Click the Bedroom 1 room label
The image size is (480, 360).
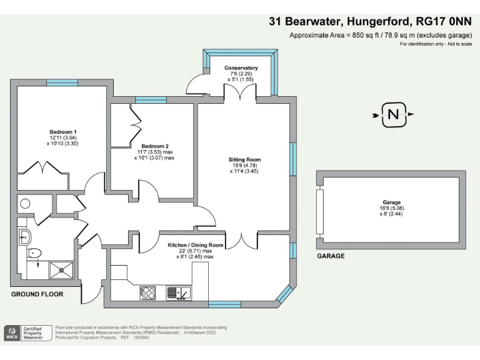tap(62, 132)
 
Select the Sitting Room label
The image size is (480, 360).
tap(244, 160)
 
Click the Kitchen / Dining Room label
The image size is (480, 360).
tap(195, 245)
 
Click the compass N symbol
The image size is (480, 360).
tap(393, 114)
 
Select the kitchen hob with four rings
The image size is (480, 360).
tap(147, 292)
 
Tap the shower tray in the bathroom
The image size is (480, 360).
tap(60, 269)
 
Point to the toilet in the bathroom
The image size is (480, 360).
tap(34, 253)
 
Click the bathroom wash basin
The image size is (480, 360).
tap(24, 235)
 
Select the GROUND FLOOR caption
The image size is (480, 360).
tap(37, 294)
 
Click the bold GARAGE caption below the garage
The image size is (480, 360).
tap(331, 256)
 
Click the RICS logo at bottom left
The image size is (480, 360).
tap(12, 333)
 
